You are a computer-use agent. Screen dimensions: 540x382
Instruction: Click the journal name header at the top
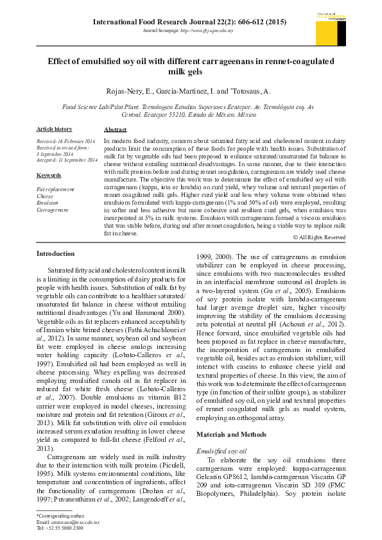[x=189, y=22]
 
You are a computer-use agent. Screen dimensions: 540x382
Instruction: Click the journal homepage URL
[x=187, y=30]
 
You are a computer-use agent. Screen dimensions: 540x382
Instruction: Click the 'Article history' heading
[x=54, y=130]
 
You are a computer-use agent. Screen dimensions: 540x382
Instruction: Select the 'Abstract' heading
[x=115, y=130]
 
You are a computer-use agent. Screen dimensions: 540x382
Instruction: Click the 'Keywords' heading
[x=49, y=175]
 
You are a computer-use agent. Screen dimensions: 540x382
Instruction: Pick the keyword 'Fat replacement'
[x=55, y=189]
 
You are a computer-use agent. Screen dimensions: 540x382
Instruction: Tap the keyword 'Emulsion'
[x=48, y=203]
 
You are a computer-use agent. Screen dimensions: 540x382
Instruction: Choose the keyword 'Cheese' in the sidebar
[x=46, y=196]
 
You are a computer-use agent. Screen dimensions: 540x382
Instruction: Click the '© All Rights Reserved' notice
[x=319, y=237]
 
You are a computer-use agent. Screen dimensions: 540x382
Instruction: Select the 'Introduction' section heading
[x=56, y=254]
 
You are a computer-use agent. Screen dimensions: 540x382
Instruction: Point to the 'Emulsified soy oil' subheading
[x=222, y=452]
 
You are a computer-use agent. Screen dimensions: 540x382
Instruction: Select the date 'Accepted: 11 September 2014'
[x=67, y=160]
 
